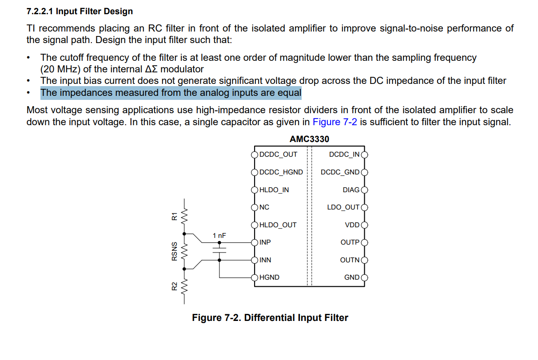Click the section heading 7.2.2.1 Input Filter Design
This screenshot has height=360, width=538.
point(80,11)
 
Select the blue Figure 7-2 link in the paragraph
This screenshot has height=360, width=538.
point(335,122)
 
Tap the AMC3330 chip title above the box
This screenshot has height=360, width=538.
point(309,139)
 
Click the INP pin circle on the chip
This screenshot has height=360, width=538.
point(255,243)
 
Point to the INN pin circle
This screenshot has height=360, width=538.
point(255,260)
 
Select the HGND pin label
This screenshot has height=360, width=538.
point(269,277)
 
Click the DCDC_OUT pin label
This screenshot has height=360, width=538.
point(278,154)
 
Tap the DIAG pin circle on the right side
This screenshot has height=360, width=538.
point(364,190)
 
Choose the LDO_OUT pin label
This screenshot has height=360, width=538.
point(343,207)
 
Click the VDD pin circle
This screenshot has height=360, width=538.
point(364,225)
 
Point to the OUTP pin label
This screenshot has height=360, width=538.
point(350,242)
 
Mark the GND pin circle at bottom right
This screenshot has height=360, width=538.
point(364,278)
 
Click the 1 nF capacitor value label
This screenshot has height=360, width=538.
point(219,236)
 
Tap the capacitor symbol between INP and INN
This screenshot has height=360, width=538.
point(219,250)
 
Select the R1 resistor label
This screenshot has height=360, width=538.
point(174,217)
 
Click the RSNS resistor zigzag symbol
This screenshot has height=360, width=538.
point(184,252)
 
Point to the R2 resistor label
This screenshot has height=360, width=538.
point(174,286)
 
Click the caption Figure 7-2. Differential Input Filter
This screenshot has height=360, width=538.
point(270,318)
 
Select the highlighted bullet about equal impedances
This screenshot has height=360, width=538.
point(171,93)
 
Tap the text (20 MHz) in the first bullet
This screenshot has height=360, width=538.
point(60,69)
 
